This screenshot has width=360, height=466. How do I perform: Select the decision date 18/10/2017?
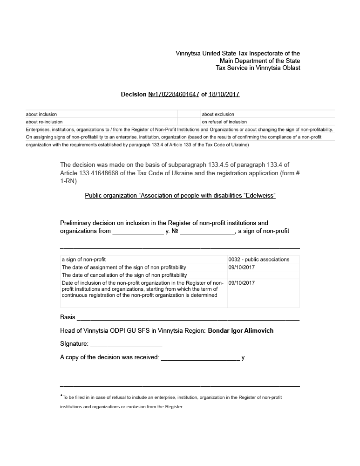[224, 94]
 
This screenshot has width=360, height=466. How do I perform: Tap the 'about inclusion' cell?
[41, 114]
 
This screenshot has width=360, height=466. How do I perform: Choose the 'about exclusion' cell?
[218, 114]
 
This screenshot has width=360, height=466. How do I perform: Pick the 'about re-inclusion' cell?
[44, 122]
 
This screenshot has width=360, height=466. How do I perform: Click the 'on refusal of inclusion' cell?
[224, 122]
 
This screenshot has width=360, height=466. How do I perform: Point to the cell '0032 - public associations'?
[259, 260]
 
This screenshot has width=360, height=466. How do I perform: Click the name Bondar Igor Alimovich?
[240, 331]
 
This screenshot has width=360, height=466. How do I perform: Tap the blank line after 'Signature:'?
[126, 344]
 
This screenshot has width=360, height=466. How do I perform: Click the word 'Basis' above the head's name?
[68, 317]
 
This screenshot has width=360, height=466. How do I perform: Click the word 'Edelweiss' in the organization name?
[260, 196]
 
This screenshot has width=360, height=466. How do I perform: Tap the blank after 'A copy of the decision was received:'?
[200, 358]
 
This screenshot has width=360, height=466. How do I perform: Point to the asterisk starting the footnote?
[61, 397]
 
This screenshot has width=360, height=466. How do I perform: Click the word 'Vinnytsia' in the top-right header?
[188, 54]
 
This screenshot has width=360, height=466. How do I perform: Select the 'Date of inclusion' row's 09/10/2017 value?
[241, 283]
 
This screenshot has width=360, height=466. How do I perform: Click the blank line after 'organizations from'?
[138, 231]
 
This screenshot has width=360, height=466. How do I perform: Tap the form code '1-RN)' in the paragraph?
[68, 181]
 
